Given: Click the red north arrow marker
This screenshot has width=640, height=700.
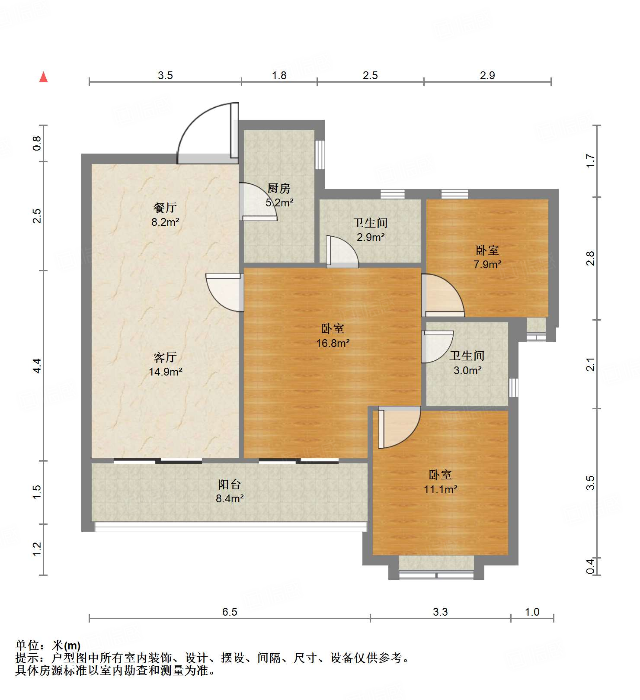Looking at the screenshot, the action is click(43, 77).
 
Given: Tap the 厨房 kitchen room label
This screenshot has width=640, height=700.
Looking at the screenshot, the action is click(279, 188).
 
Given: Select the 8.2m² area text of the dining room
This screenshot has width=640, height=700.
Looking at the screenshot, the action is click(165, 222).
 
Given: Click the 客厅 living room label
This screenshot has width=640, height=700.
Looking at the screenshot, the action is click(165, 357).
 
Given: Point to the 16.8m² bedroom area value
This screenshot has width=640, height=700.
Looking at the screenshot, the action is click(333, 343).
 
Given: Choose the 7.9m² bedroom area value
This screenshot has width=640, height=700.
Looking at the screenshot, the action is click(487, 264).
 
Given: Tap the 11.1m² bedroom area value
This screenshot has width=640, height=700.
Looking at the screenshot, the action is click(440, 489).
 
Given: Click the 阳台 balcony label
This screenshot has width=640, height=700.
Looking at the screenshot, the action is click(230, 484).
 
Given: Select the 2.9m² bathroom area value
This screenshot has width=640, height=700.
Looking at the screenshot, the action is click(371, 237).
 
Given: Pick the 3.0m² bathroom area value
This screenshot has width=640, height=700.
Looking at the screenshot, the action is click(467, 370).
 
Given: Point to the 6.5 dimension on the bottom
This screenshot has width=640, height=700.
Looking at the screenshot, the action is click(230, 612).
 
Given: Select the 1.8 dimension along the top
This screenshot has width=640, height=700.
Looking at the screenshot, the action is click(279, 75).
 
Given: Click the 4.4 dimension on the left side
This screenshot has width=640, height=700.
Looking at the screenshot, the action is click(38, 366).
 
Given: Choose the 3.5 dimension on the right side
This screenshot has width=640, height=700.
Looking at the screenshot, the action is click(590, 483).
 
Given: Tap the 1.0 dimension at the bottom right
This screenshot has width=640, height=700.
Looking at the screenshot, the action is click(532, 612).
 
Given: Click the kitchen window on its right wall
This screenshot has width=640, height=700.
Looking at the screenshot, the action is click(320, 154).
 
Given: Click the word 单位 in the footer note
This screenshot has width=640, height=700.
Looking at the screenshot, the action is click(27, 645).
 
